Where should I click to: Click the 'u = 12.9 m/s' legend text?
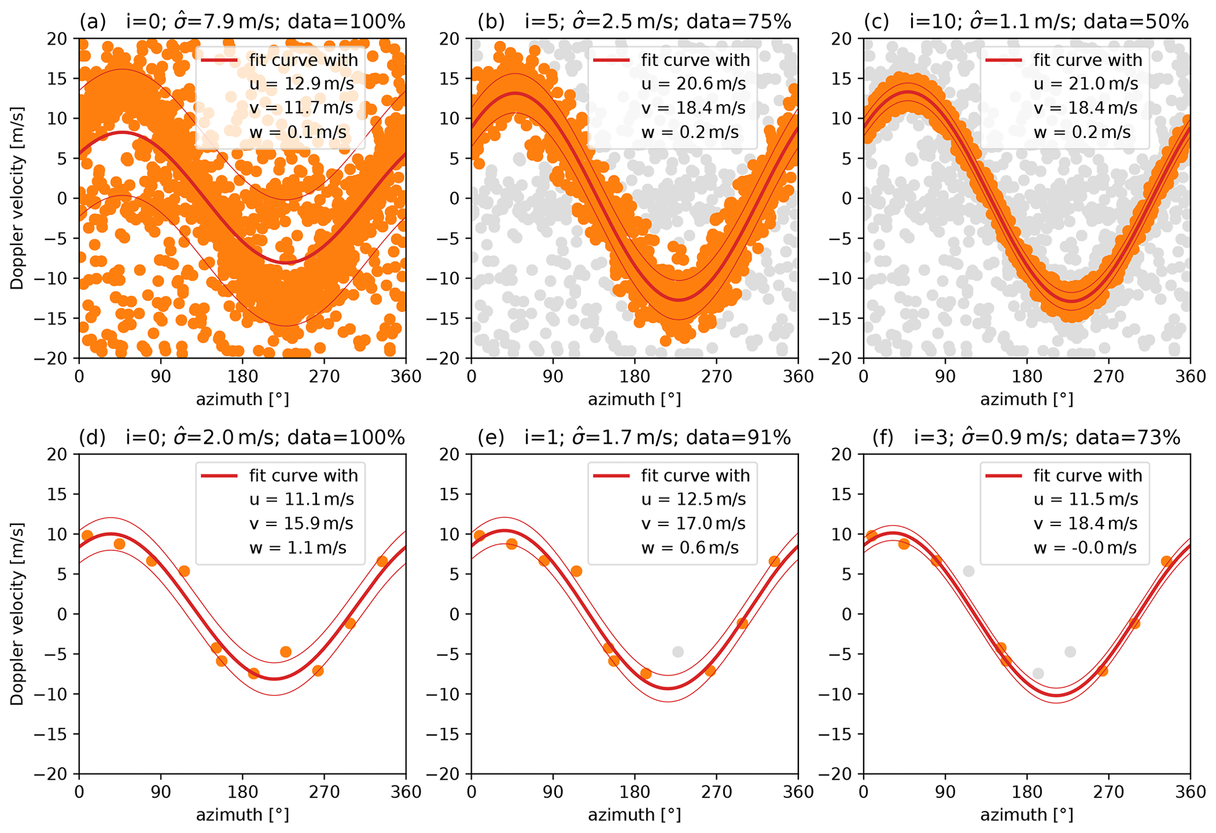pos(301,83)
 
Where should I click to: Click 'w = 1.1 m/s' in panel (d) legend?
pos(298,547)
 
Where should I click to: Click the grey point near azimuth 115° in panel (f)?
pos(968,571)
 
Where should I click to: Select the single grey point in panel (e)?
pos(678,651)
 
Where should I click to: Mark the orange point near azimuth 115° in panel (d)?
pos(184,571)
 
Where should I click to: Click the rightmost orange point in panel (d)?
pos(382,561)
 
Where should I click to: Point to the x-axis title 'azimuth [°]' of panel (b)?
pos(634,399)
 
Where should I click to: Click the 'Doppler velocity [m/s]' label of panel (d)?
pos(17,614)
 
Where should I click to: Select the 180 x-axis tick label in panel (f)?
pos(1027,792)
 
